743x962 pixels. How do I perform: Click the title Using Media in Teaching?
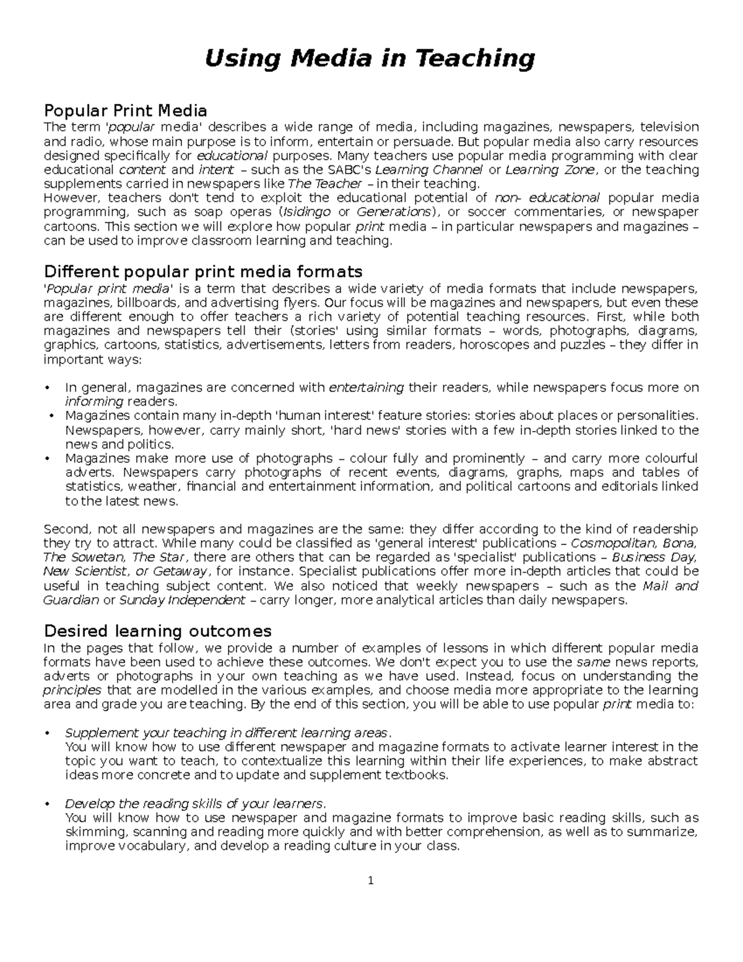click(370, 59)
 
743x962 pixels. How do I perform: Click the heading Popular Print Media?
click(125, 111)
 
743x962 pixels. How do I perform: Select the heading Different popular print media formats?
click(203, 272)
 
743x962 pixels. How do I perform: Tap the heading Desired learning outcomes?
click(158, 631)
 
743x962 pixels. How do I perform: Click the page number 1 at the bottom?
click(370, 881)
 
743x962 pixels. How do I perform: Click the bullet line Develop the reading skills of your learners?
click(194, 804)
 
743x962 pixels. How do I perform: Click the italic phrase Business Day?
click(654, 558)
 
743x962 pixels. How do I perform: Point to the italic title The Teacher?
click(325, 184)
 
